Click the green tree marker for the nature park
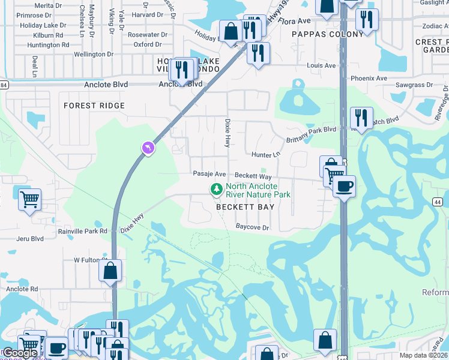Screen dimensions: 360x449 (x=216, y=190)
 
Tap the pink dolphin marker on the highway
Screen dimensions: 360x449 (x=148, y=147)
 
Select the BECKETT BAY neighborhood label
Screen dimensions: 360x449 (x=246, y=207)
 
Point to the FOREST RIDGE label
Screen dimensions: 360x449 (x=95, y=106)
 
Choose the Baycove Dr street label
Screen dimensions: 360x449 (x=252, y=227)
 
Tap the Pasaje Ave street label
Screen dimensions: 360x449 (x=209, y=174)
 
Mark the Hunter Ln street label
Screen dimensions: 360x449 (x=266, y=155)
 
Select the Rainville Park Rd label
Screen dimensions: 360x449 (x=82, y=230)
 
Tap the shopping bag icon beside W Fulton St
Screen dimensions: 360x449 (x=110, y=271)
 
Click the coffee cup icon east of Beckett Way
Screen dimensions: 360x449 (x=344, y=187)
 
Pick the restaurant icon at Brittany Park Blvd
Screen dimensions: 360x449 (x=361, y=117)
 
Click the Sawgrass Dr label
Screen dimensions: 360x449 (x=414, y=85)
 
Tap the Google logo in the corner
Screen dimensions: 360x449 (x=20, y=353)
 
